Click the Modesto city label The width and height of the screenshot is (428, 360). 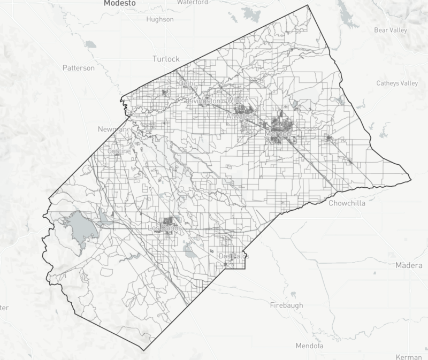(x=120, y=3)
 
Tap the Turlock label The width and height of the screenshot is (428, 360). (x=166, y=59)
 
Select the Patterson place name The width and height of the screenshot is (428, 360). (x=78, y=68)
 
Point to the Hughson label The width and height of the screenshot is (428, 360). (x=159, y=19)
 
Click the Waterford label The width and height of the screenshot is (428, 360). (x=192, y=3)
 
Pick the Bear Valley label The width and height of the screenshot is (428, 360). (x=391, y=30)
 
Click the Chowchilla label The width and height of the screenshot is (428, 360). (x=346, y=203)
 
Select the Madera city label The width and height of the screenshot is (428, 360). (x=409, y=265)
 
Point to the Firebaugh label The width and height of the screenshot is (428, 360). (x=286, y=305)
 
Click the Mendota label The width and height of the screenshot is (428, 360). (x=309, y=346)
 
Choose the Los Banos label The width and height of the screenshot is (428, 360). (x=164, y=228)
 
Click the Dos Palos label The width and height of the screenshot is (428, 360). (x=234, y=256)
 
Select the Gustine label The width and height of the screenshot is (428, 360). (x=119, y=151)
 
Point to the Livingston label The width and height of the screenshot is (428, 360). (x=203, y=101)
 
